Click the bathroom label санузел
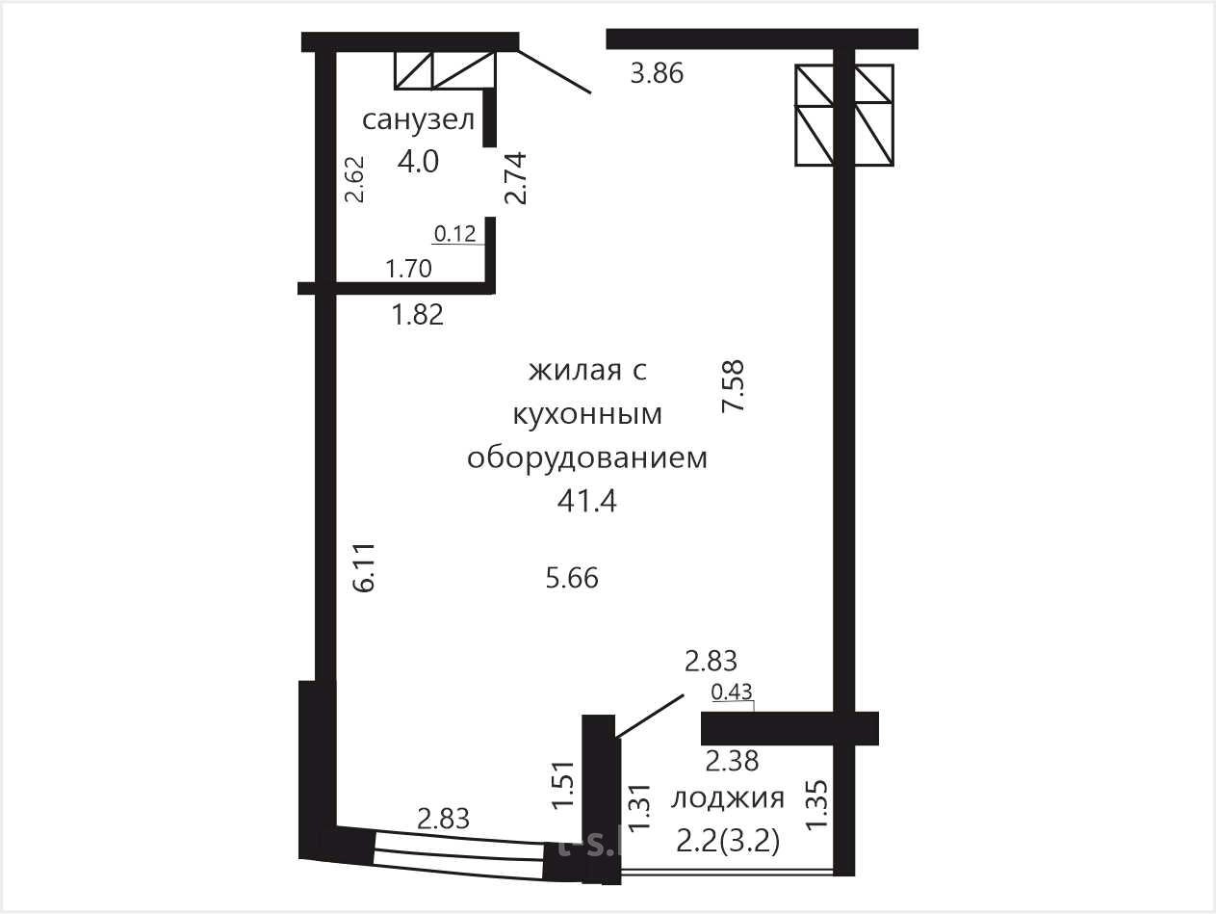point(418,120)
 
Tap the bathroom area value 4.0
point(418,162)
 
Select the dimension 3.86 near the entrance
point(657,73)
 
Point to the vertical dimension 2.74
point(515,178)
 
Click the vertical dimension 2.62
point(354,179)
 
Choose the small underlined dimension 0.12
point(454,234)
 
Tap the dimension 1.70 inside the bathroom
point(409,269)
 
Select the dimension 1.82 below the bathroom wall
point(418,315)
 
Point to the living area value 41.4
point(587,502)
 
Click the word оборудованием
point(587,458)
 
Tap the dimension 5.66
point(572,578)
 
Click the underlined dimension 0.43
point(732,692)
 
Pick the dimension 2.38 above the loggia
point(732,761)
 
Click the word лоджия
point(728,799)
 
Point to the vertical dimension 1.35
point(817,804)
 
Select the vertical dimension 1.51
point(563,785)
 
